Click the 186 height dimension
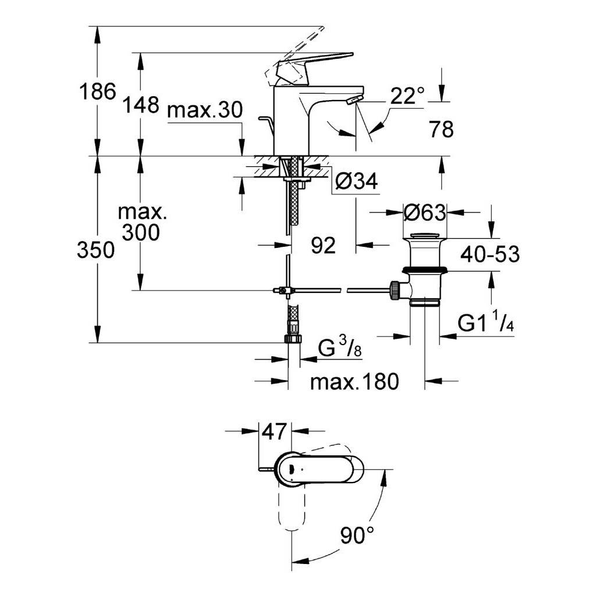pos(97,91)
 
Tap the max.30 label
pos(204,110)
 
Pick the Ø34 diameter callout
pos(357,181)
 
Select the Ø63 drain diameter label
pos(424,212)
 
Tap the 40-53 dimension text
pos(489,254)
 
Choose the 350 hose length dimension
pos(96,250)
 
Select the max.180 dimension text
pos(354,381)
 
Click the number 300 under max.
pos(141,232)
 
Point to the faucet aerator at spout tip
pos(354,100)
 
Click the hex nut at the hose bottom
pos(293,339)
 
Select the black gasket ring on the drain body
pos(424,270)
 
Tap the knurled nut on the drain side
pos(395,290)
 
